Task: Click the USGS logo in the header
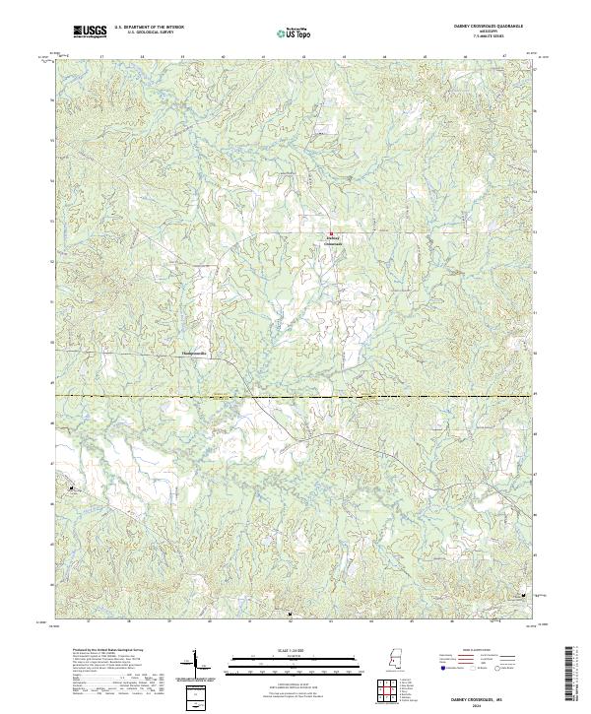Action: (x=91, y=32)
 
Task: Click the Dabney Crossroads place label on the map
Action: (x=332, y=240)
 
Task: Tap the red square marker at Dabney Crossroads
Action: (x=331, y=233)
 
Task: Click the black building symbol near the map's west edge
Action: (x=72, y=487)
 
